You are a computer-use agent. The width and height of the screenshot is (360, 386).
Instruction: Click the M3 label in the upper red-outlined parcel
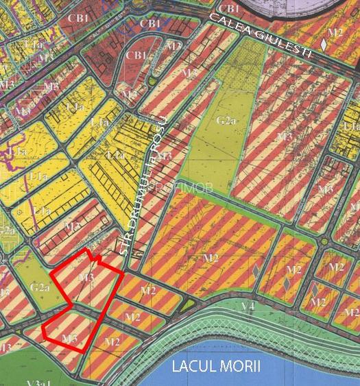[x=86, y=277]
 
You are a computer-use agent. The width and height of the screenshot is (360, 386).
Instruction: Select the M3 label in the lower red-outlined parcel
[x=69, y=339]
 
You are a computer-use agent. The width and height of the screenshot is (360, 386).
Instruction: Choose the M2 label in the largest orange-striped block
[x=211, y=258]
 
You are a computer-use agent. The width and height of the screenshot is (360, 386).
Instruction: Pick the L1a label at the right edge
[x=351, y=128]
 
